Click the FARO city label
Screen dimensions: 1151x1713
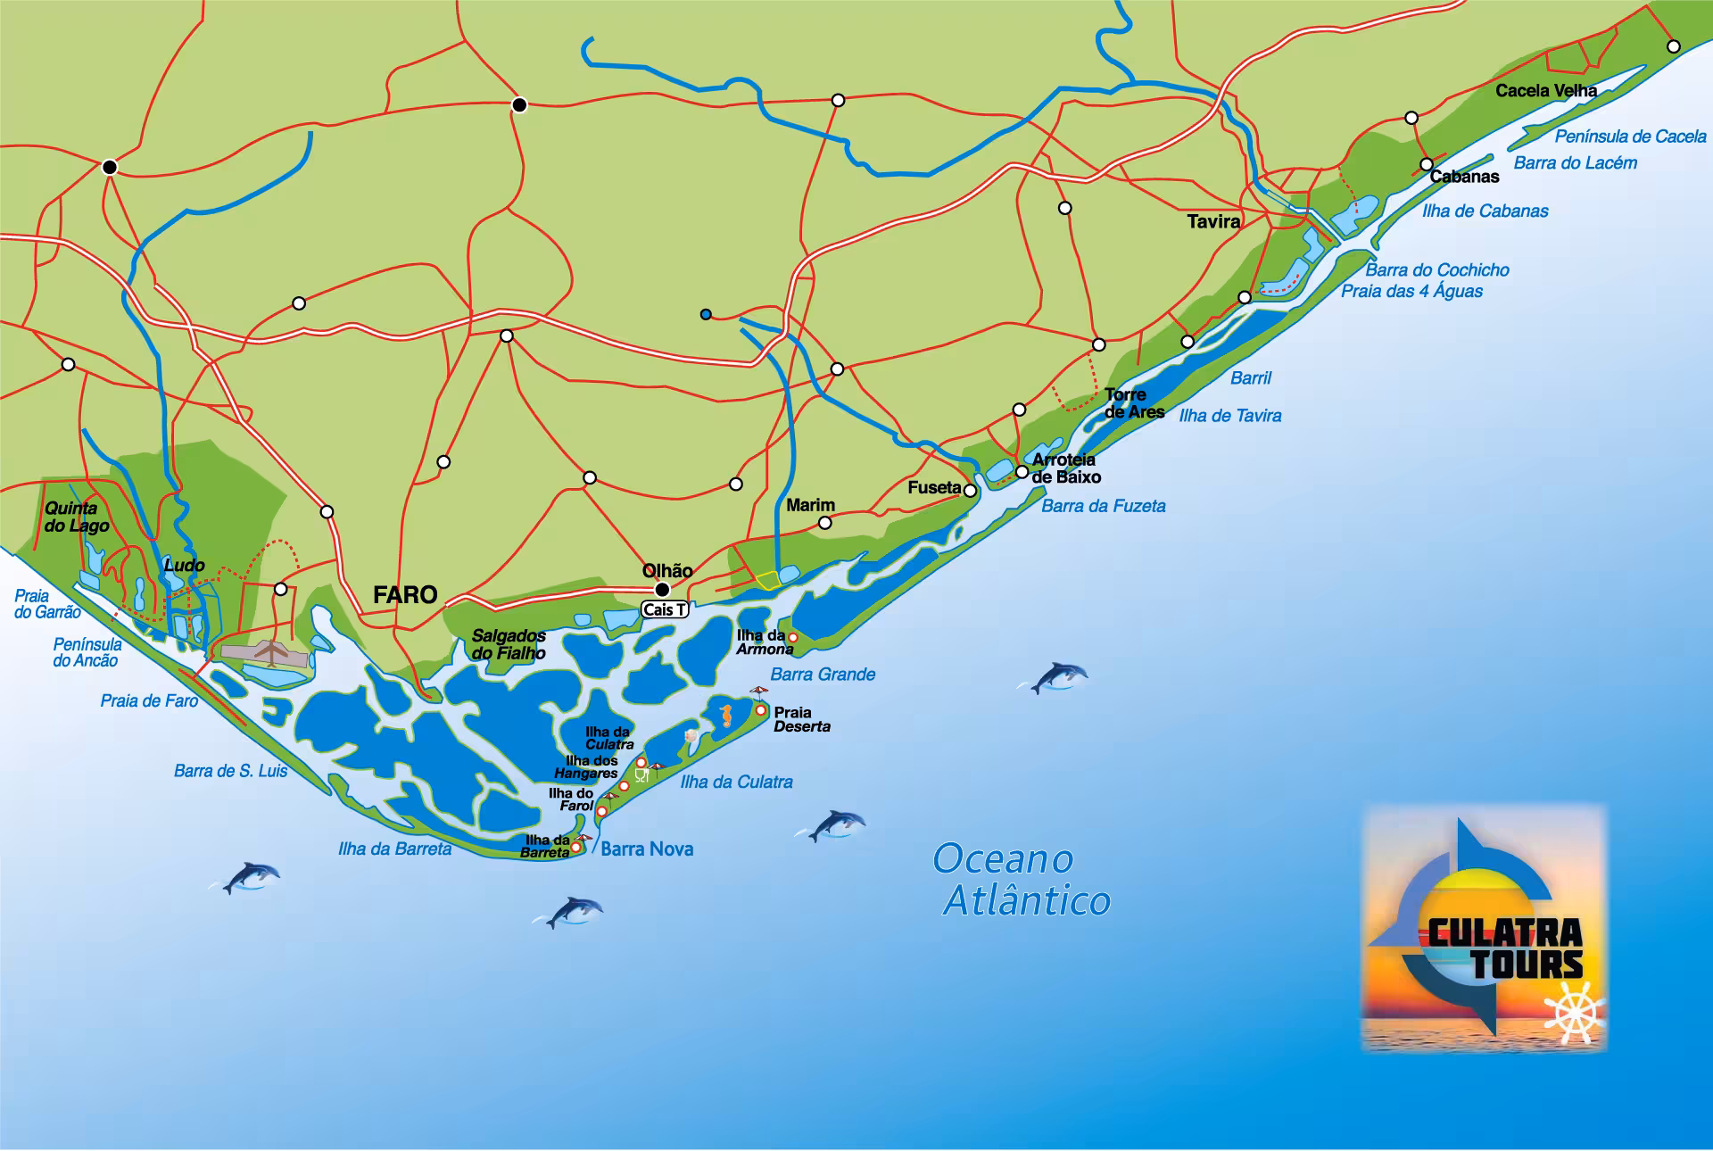[405, 595]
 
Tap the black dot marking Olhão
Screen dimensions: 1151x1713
[663, 590]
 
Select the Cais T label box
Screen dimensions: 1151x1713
[665, 610]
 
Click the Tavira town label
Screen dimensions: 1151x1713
[1213, 221]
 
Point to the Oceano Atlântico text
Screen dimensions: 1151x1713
[1021, 880]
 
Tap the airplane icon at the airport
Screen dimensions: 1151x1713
[269, 652]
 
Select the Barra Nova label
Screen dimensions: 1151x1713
[647, 849]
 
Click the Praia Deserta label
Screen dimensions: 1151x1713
[801, 719]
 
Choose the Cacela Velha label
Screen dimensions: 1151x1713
[1546, 91]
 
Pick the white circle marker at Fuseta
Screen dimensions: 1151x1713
[971, 491]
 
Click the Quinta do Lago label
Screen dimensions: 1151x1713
[77, 517]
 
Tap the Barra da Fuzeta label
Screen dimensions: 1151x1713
[1104, 506]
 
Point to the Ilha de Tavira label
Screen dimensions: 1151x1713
[1230, 416]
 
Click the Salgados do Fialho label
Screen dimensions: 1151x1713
[509, 644]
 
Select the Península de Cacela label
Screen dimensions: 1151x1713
[1630, 137]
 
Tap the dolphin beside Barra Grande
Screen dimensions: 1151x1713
[1058, 677]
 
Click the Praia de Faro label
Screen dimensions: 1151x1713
[149, 701]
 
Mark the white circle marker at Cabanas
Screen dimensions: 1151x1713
[1427, 164]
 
